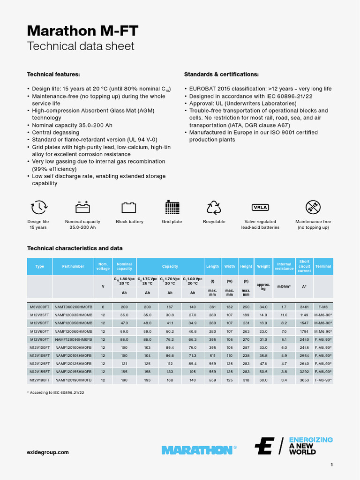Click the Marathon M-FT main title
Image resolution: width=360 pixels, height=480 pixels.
click(82, 31)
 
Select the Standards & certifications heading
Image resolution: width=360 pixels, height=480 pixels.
click(221, 75)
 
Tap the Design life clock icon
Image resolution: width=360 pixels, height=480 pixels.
click(38, 207)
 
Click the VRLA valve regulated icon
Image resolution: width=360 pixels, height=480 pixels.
click(260, 207)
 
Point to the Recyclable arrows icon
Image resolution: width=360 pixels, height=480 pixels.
click(214, 207)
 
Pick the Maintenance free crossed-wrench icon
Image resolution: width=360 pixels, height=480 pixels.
click(313, 207)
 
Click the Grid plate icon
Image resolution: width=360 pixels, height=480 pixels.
click(172, 207)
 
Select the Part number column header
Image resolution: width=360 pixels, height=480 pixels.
click(73, 266)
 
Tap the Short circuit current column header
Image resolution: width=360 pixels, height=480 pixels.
click(304, 266)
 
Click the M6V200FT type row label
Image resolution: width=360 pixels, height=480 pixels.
click(39, 307)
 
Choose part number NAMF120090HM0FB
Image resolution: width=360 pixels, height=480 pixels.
click(73, 339)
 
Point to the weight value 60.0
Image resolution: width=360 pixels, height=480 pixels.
click(263, 380)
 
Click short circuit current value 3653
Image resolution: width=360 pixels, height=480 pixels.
click(304, 380)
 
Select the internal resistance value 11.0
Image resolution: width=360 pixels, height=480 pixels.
click(284, 315)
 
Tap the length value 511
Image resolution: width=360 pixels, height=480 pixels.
click(212, 356)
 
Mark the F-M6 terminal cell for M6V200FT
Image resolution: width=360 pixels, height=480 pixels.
click(323, 307)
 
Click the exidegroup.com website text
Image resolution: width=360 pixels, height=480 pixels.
click(48, 452)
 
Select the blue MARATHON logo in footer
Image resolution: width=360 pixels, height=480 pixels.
click(197, 450)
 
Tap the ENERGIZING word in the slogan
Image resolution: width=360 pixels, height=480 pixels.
click(311, 440)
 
